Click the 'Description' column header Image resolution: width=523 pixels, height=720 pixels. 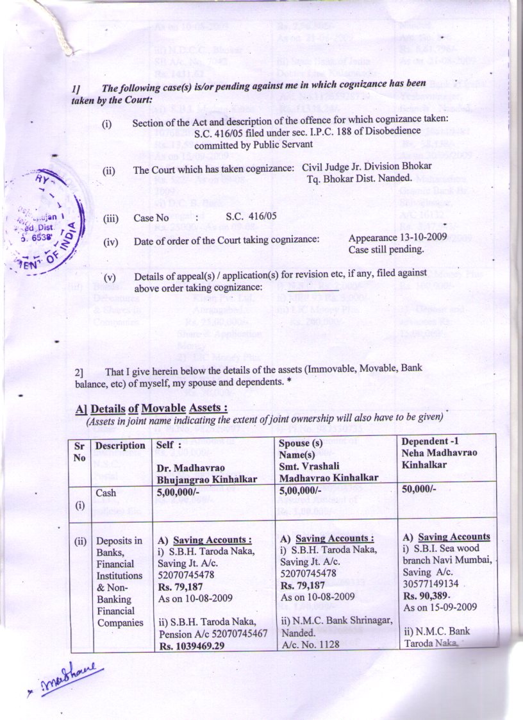120,446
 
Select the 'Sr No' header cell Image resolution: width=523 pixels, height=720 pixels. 79,451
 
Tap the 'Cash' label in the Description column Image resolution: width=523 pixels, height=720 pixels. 106,493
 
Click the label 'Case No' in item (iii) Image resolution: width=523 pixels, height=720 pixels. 151,217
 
